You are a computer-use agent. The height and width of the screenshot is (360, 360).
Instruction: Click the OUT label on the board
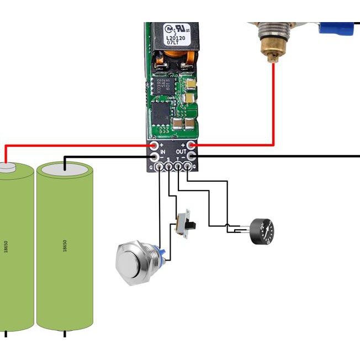coord(181,151)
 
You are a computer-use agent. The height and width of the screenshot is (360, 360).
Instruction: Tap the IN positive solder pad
coord(154,145)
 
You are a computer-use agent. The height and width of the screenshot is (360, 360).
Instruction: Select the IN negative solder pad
coord(154,156)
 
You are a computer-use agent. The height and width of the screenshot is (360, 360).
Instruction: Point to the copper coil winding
coord(176,57)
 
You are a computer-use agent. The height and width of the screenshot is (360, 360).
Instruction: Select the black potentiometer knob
coord(262,231)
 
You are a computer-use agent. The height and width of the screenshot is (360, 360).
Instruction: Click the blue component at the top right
coord(336,28)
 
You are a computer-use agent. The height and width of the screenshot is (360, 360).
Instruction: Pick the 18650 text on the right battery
coord(65,245)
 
